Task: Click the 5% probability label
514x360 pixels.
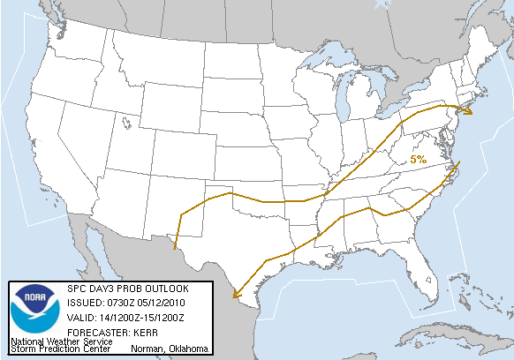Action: tap(418, 160)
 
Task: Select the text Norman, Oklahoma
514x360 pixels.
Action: tap(169, 349)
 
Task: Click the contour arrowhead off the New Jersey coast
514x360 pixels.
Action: tap(469, 109)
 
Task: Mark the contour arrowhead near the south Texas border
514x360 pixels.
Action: tap(235, 296)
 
